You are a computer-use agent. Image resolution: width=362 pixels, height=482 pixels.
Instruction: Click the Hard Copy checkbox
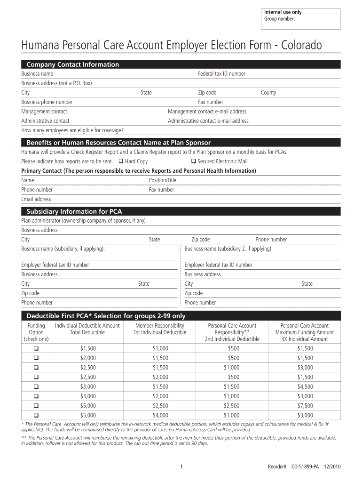click(x=121, y=161)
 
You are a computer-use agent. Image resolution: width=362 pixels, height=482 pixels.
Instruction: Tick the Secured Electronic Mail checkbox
click(x=193, y=161)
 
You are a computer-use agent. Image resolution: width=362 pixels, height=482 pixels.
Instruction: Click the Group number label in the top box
click(x=279, y=19)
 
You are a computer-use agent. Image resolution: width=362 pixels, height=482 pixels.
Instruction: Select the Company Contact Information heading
click(x=73, y=64)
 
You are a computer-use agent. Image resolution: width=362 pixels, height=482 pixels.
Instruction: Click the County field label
click(x=268, y=93)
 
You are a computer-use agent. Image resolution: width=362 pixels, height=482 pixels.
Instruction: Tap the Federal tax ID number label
click(x=221, y=74)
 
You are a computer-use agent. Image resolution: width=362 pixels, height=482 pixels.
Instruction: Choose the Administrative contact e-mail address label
click(x=208, y=121)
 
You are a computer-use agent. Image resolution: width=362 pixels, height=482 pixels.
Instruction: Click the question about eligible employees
click(x=72, y=130)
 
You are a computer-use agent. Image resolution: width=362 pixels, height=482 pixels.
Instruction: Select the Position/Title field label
click(x=163, y=180)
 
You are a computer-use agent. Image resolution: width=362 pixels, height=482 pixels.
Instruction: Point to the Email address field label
click(x=36, y=199)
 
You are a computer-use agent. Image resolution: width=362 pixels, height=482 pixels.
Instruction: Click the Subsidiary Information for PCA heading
click(x=74, y=211)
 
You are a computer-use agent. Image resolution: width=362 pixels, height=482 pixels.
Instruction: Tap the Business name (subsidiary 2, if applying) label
click(x=228, y=249)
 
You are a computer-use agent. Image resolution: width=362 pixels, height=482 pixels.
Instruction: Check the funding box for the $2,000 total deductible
click(x=36, y=358)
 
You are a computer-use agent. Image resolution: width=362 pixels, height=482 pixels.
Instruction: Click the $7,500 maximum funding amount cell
click(x=305, y=406)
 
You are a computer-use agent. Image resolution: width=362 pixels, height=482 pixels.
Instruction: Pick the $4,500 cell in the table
click(x=305, y=386)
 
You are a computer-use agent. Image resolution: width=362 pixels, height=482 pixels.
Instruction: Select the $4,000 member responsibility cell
click(x=160, y=415)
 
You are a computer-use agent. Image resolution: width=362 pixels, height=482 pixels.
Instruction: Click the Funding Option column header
click(x=36, y=332)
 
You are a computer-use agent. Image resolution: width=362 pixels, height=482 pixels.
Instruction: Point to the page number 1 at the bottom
click(x=181, y=466)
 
